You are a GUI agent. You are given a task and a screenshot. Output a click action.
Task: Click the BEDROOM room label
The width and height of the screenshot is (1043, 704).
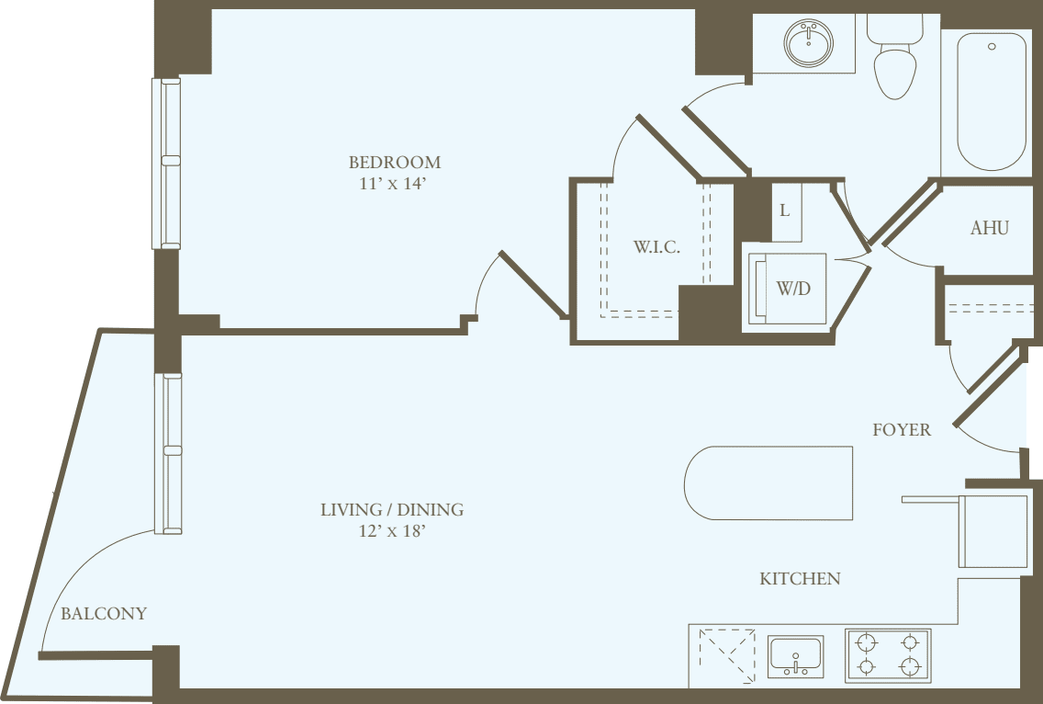tap(394, 163)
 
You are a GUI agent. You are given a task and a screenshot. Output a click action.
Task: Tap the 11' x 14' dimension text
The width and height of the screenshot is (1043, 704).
tap(394, 184)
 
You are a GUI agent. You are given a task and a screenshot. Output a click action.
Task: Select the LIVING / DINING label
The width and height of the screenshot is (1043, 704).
tap(392, 509)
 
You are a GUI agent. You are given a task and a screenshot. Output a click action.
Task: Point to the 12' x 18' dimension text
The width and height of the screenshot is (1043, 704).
tap(392, 531)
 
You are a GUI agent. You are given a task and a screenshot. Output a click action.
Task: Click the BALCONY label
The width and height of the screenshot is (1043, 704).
tap(104, 614)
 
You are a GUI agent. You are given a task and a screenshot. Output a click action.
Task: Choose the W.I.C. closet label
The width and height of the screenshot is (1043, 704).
tap(656, 247)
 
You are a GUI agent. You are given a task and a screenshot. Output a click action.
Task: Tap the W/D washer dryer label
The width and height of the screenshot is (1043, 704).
tap(793, 289)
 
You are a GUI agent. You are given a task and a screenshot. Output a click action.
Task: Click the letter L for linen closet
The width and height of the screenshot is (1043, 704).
tap(784, 210)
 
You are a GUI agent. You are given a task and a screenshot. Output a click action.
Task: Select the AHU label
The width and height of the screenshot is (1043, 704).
tap(989, 228)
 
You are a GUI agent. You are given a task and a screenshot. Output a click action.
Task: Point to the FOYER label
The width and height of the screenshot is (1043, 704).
tap(901, 429)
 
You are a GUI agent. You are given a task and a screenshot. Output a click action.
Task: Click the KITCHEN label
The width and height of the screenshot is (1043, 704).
tap(800, 579)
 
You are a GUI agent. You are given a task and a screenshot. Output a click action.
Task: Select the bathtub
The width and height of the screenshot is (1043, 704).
tap(992, 101)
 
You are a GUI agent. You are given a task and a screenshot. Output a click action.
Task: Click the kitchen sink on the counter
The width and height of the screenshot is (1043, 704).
tap(795, 656)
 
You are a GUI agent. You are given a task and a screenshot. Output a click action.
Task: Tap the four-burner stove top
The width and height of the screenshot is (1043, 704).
tap(888, 654)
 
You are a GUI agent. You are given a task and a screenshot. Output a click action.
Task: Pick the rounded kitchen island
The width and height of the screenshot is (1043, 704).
tap(769, 483)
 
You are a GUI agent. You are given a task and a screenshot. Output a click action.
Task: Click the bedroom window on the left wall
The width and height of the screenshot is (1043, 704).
tap(166, 164)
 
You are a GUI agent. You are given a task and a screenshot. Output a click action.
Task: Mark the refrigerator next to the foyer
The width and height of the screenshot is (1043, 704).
tap(993, 531)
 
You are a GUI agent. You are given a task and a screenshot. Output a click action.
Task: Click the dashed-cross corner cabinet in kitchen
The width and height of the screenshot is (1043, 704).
tap(726, 653)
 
